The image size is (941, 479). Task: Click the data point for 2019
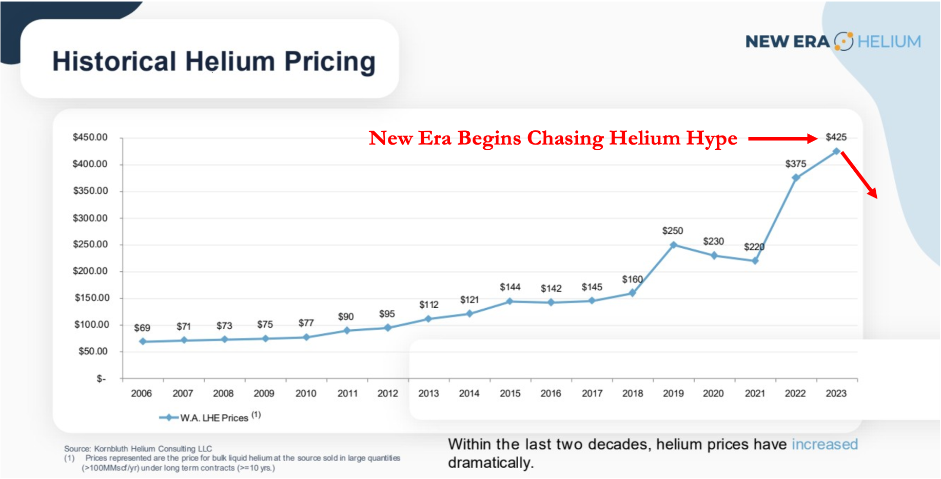(673, 245)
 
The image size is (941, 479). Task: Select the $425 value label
(836, 137)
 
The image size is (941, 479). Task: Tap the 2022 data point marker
(796, 178)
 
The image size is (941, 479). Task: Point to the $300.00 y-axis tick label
(90, 218)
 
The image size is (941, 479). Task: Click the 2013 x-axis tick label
(428, 393)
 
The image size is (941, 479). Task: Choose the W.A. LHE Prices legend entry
(213, 417)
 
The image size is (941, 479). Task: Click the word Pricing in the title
(330, 62)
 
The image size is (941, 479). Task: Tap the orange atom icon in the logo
(844, 42)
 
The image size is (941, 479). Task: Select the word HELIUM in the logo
(889, 42)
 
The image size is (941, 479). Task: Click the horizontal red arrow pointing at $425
(782, 138)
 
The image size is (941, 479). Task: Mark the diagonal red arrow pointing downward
(859, 175)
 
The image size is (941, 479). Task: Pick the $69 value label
(142, 328)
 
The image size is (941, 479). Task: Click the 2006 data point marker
(143, 342)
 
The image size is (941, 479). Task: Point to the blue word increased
(825, 444)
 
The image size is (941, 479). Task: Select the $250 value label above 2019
(672, 231)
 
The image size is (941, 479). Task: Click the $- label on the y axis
(101, 378)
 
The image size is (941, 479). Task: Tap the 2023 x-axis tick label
(836, 393)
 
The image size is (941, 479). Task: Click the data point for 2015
(509, 302)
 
